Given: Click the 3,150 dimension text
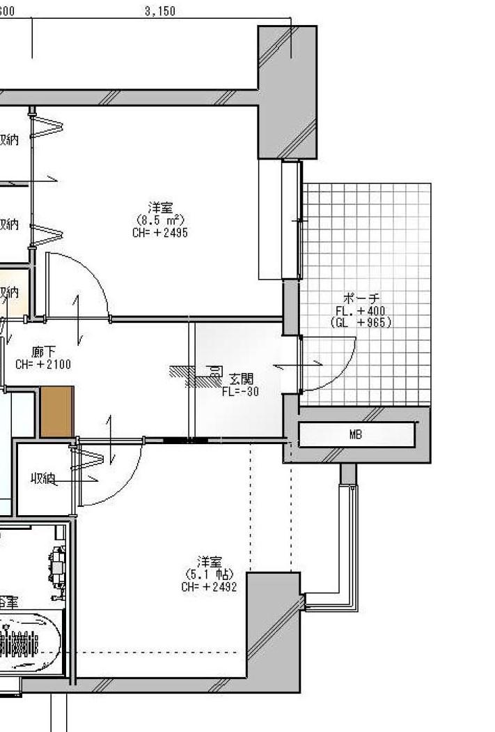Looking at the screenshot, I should coord(161,11).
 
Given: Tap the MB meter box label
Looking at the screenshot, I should coord(356,434).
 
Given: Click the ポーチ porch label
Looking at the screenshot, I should coord(362,298).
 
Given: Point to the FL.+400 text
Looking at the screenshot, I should coord(360,310).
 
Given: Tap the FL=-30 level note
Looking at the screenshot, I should coord(240,392).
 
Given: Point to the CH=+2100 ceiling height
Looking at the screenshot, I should coord(43,364).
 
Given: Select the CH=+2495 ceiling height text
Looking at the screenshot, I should coord(159,232).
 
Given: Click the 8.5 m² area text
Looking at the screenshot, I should coord(160,220).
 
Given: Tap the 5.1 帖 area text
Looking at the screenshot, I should coord(209,574).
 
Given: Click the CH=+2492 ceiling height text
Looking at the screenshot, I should coord(209,586).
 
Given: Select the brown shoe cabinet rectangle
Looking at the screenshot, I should coord(56,411).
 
